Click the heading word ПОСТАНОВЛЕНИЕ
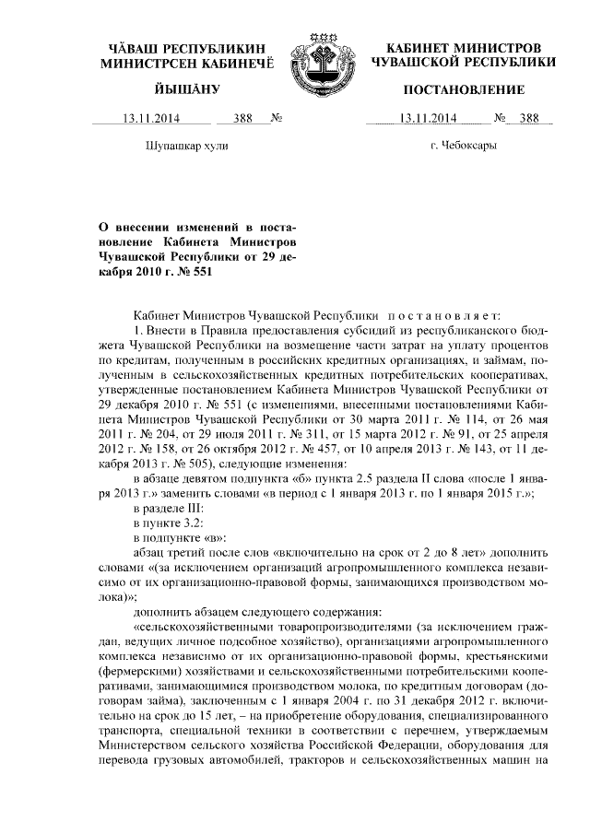(x=464, y=90)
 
